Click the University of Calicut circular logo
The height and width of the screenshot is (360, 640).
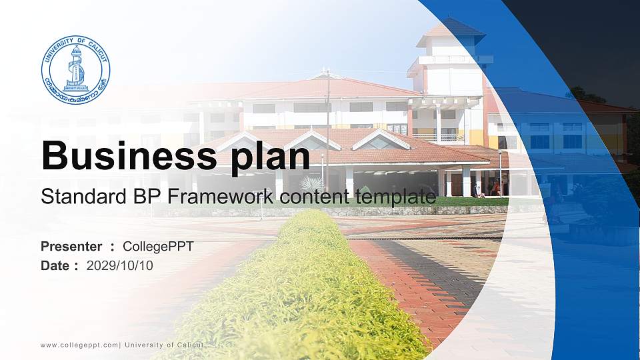click(x=75, y=70)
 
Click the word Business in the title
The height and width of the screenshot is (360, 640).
click(x=129, y=155)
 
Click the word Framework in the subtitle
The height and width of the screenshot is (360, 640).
click(x=221, y=196)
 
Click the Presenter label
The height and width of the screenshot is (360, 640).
click(x=71, y=247)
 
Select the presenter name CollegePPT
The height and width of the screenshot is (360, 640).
click(x=159, y=247)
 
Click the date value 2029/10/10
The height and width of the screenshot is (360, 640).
click(x=119, y=266)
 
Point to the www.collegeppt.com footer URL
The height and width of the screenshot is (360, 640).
click(x=79, y=345)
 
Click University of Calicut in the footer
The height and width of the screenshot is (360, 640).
click(x=164, y=345)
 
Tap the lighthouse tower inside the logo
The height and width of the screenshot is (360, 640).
click(x=76, y=68)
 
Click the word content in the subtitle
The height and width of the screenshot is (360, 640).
click(x=314, y=197)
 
